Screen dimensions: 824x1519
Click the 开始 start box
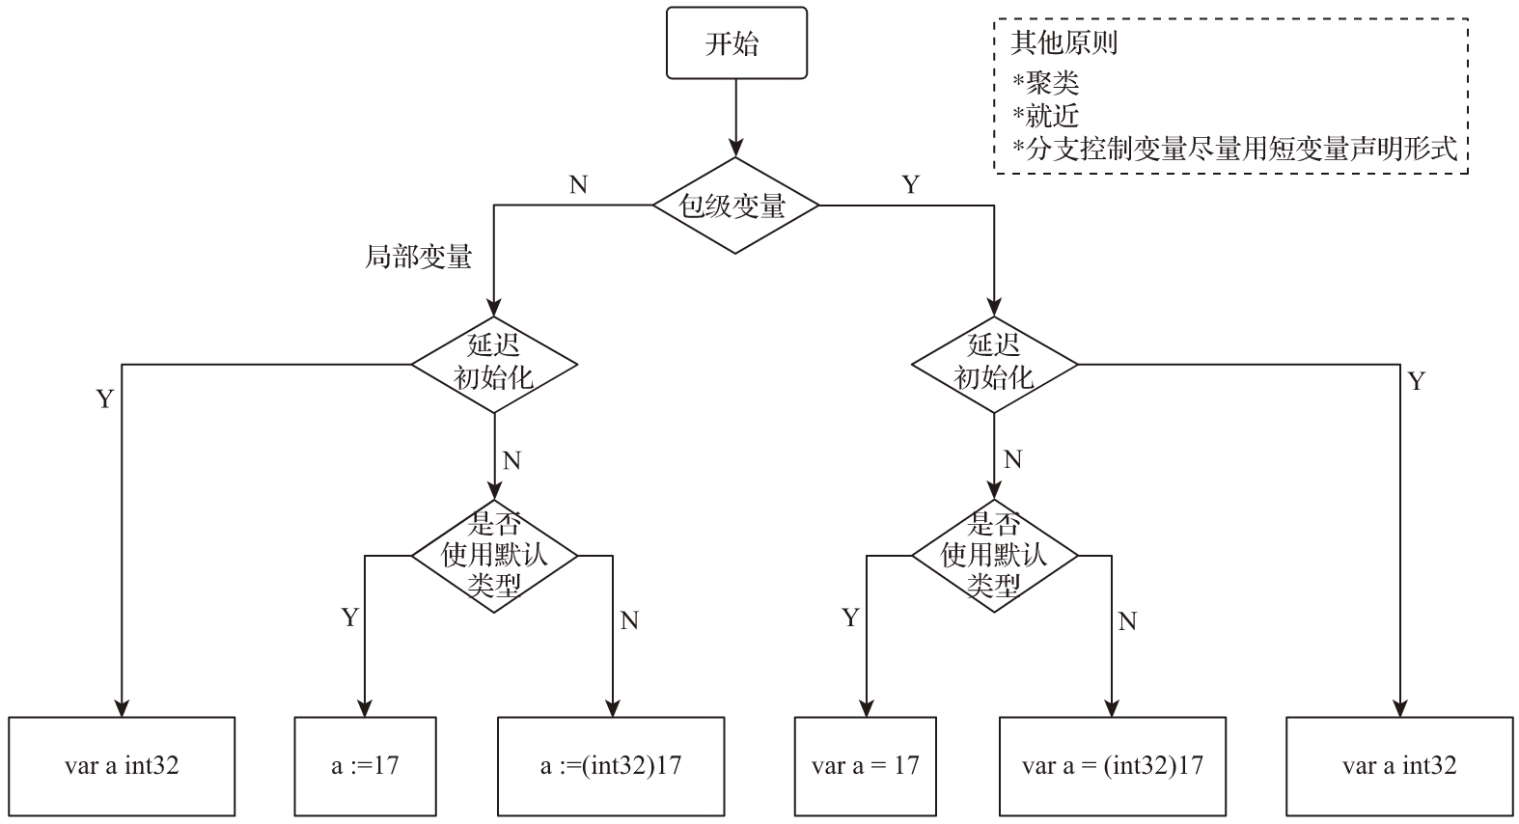736,43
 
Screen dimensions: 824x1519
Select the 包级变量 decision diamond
735,206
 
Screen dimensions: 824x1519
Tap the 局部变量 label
418,257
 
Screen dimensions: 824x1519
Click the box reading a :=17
365,766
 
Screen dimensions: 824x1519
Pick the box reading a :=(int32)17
611,766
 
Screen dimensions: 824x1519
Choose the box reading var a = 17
865,766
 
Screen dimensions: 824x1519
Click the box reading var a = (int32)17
1112,766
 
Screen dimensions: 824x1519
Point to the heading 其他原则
1063,43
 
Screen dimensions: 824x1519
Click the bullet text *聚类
1045,81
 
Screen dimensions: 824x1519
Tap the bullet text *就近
1045,116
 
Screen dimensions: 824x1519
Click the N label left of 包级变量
578,184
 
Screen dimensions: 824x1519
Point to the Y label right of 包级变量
910,184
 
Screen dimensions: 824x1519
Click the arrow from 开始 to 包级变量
736,116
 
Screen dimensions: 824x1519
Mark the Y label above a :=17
349,618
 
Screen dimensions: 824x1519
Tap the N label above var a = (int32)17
1127,621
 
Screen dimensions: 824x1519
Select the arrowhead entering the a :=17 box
365,708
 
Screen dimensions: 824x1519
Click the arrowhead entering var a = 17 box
865,708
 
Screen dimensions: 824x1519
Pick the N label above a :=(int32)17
629,620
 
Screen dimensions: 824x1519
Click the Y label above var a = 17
849,618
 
